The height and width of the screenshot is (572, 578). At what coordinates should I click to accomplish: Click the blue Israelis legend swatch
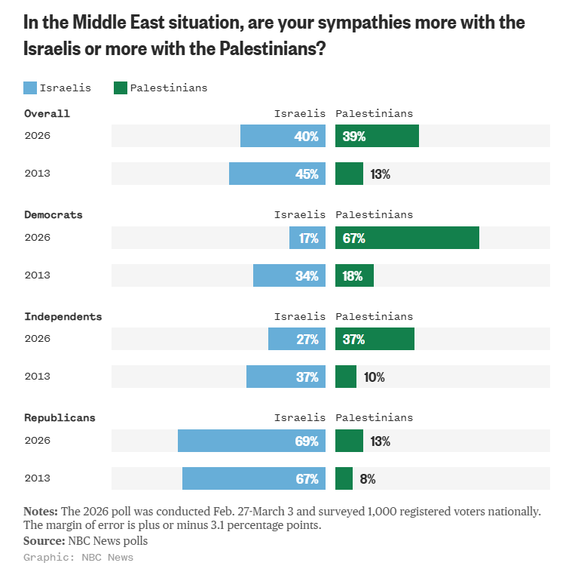click(30, 88)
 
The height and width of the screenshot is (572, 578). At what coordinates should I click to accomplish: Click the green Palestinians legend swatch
click(121, 88)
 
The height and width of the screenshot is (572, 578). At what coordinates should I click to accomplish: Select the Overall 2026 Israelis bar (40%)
click(283, 137)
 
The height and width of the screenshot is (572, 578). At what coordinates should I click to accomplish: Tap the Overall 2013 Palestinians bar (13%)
click(349, 174)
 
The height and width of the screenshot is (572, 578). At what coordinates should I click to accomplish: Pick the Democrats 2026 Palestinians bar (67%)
click(407, 238)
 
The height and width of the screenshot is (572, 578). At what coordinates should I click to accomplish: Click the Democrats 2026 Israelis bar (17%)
click(307, 238)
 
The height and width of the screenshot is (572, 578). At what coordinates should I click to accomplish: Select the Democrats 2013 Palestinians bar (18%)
click(354, 275)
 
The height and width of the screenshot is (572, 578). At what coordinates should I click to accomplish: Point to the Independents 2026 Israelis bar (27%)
click(297, 339)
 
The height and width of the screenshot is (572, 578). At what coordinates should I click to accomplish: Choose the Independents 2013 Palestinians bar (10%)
click(346, 377)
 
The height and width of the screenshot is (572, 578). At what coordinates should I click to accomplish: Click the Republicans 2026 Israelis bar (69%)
click(252, 441)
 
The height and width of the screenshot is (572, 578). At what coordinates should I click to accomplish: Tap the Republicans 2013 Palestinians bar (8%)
click(344, 478)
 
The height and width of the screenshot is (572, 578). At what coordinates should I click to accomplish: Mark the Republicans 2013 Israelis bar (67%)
click(254, 478)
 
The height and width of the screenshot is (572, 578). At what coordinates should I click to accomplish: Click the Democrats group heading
click(54, 215)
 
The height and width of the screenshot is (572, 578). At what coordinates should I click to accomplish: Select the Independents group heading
click(63, 316)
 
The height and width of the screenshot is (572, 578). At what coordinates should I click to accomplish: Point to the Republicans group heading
click(60, 417)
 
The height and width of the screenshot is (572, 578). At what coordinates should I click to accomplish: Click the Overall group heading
click(47, 114)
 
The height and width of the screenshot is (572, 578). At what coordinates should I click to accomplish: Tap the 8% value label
click(368, 478)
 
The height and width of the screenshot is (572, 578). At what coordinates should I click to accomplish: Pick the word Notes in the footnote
click(41, 511)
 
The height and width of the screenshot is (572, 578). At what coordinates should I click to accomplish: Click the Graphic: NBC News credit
click(78, 558)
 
